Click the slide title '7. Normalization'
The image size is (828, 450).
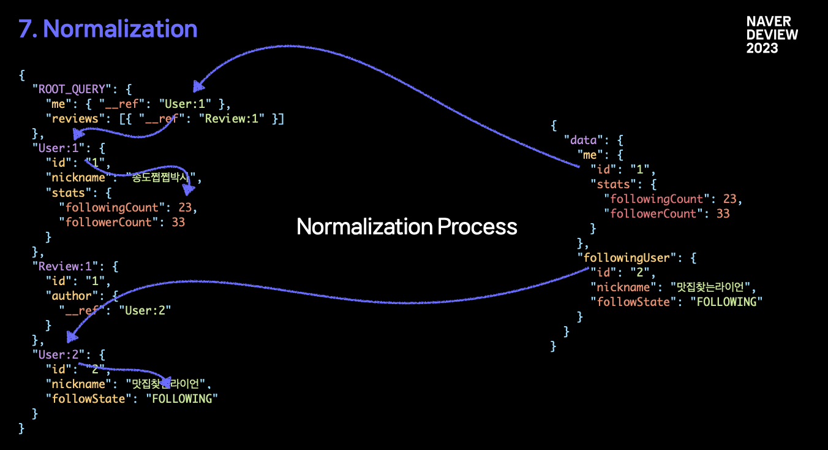coord(108,29)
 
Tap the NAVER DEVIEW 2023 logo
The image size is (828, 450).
coord(772,35)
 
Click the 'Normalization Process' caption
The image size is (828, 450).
coord(407,227)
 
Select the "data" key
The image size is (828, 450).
coord(584,140)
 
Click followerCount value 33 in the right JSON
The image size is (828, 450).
coord(723,214)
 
